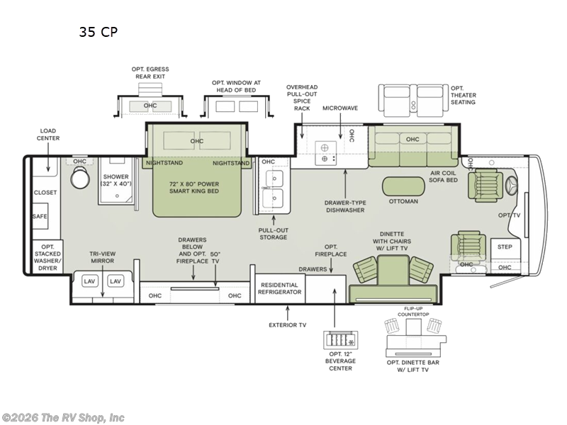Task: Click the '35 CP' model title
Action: point(99,32)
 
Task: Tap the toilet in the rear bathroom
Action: point(80,178)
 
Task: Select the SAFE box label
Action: point(40,216)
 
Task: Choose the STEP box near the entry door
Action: point(505,249)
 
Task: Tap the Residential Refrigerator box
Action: point(280,289)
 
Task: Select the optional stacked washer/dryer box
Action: point(47,257)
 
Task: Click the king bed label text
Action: point(194,187)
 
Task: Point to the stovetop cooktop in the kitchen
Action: point(325,153)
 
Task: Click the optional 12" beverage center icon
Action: point(341,340)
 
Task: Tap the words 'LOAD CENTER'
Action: point(48,135)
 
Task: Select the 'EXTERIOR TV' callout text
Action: point(288,325)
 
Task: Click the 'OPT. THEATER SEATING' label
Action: point(464,95)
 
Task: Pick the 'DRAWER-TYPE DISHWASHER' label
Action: point(345,206)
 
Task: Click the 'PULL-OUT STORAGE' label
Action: point(274,234)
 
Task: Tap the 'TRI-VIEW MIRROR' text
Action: point(102,257)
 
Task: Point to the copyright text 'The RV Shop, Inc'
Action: point(82,418)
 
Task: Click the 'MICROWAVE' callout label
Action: point(340,108)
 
